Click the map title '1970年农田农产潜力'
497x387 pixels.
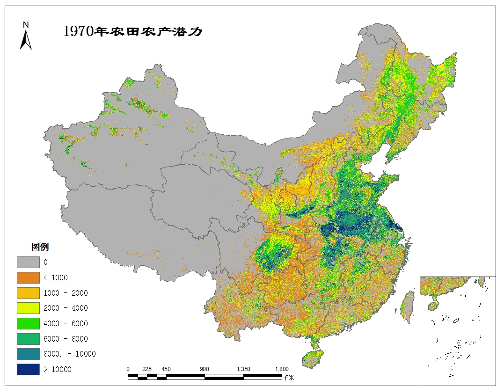pyautogui.click(x=132, y=31)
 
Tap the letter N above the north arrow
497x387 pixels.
pyautogui.click(x=26, y=24)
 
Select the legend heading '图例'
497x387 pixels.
pyautogui.click(x=40, y=247)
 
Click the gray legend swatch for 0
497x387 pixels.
pyautogui.click(x=28, y=262)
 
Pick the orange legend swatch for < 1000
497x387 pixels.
pyautogui.click(x=28, y=277)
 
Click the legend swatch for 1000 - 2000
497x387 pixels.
pyautogui.click(x=28, y=293)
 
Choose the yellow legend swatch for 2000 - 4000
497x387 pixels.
pyautogui.click(x=28, y=308)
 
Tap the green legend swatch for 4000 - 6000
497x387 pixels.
pyautogui.click(x=28, y=323)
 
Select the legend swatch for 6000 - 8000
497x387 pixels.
pyautogui.click(x=28, y=339)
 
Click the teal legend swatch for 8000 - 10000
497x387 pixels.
pyautogui.click(x=28, y=354)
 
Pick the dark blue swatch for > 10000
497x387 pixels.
pyautogui.click(x=28, y=369)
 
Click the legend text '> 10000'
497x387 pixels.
pyautogui.click(x=58, y=369)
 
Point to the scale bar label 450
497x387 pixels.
pyautogui.click(x=166, y=369)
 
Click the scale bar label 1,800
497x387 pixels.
pyautogui.click(x=281, y=369)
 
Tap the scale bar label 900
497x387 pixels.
pyautogui.click(x=205, y=369)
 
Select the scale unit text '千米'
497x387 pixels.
pyautogui.click(x=288, y=377)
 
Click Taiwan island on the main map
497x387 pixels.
pyautogui.click(x=409, y=306)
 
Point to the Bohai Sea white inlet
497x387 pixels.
pyautogui.click(x=374, y=161)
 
